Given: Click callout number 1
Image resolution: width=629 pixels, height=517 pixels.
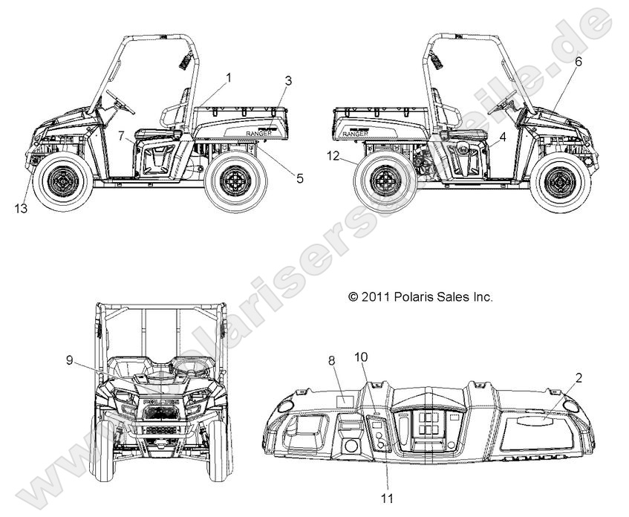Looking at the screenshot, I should (229, 77).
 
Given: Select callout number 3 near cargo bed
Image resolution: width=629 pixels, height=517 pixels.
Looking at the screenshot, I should (289, 80).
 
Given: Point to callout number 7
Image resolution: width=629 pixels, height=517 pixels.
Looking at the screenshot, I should (122, 135).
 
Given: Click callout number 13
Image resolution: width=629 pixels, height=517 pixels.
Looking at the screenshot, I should (21, 209).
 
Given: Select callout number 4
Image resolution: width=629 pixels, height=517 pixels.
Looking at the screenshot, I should (503, 137).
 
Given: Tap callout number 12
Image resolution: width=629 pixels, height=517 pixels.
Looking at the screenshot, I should (333, 156).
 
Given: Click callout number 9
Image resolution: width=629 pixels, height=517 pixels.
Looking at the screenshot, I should (69, 360).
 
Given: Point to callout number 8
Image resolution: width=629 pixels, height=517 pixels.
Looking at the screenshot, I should (332, 360).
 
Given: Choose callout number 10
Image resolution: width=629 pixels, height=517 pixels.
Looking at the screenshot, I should (361, 357).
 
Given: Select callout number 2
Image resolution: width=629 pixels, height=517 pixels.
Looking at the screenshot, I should (579, 377).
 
